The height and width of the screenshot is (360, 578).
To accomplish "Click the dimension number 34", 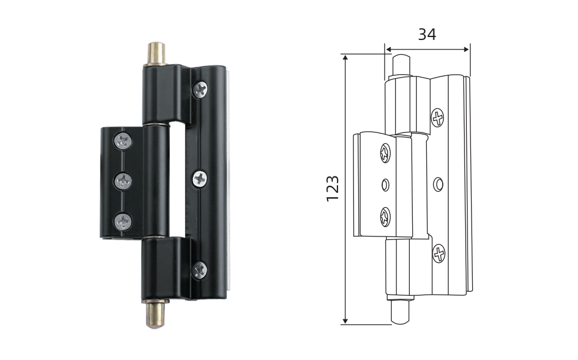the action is coord(427,34).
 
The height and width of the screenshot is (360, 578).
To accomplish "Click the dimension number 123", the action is coord(333,188).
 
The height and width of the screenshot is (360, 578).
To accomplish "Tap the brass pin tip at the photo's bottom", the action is coord(156,315).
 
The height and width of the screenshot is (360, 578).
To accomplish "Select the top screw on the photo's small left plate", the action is coord(123,141).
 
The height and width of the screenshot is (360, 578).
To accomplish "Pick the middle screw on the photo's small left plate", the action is coord(123,181).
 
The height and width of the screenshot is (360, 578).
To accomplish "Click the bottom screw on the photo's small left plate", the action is coord(123,222).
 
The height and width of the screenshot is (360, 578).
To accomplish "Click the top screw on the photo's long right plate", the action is coord(200,89).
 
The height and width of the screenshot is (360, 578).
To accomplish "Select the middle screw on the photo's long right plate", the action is coord(200,179).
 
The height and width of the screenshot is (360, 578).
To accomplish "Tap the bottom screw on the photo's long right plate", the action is coord(200,271).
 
